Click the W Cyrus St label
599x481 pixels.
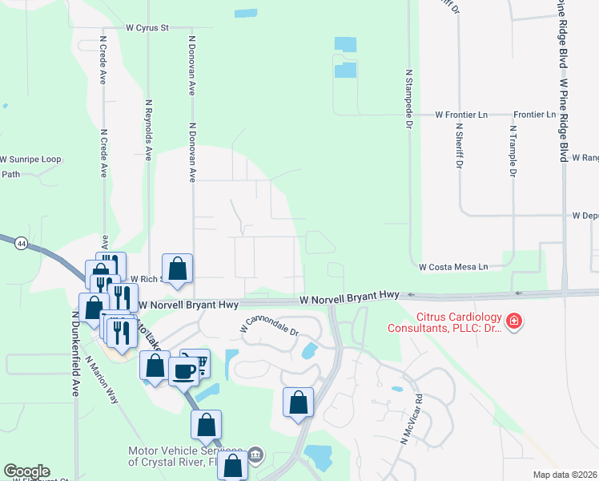148,27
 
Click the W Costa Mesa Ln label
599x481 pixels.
453,267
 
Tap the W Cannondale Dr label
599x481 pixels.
269,327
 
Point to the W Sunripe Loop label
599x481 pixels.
30,160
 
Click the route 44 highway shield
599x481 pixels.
18,242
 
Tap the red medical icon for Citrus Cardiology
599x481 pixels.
514,322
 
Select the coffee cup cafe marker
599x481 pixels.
183,370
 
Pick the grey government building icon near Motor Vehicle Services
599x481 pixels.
255,455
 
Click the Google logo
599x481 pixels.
26,471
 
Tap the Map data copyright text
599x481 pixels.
565,475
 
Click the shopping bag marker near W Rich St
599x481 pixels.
178,269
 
